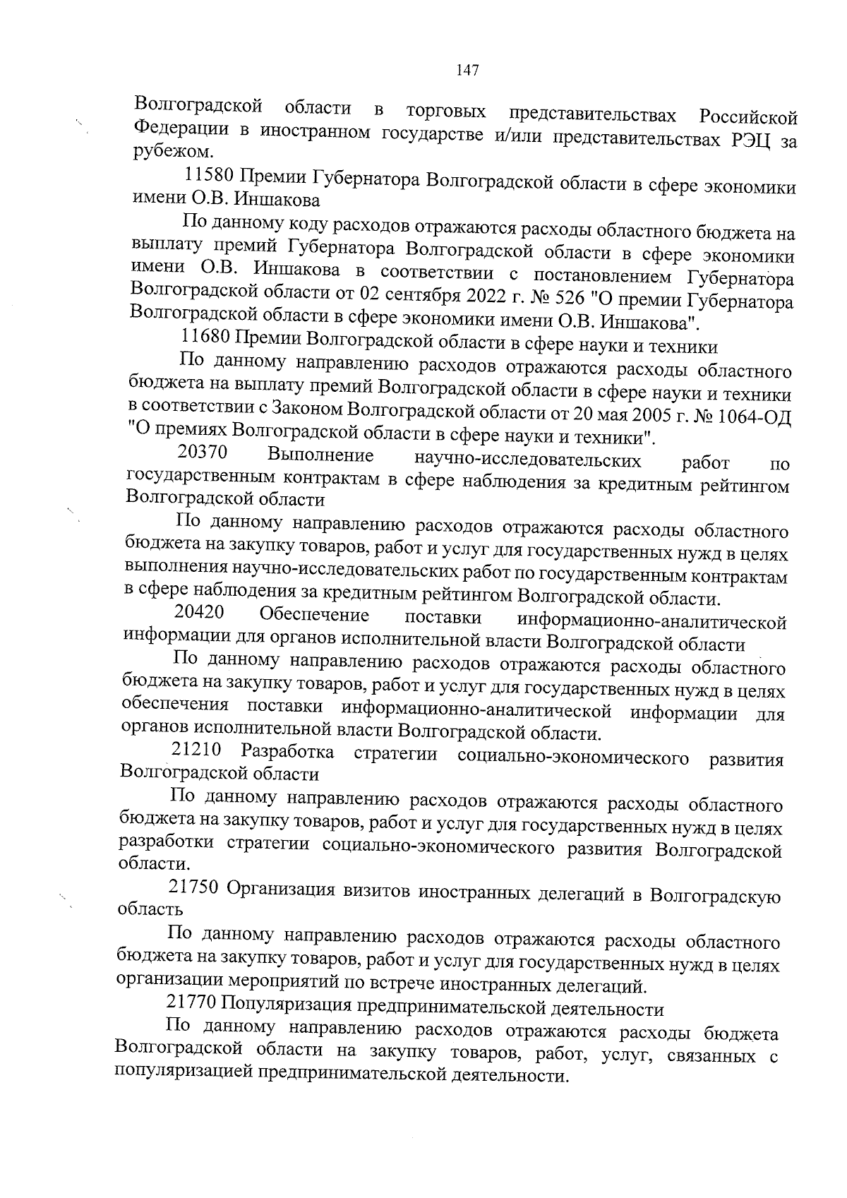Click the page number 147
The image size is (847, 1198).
point(468,70)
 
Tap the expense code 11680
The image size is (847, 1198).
point(205,342)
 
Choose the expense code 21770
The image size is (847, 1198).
point(191,1002)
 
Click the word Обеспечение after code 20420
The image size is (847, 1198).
point(314,616)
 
